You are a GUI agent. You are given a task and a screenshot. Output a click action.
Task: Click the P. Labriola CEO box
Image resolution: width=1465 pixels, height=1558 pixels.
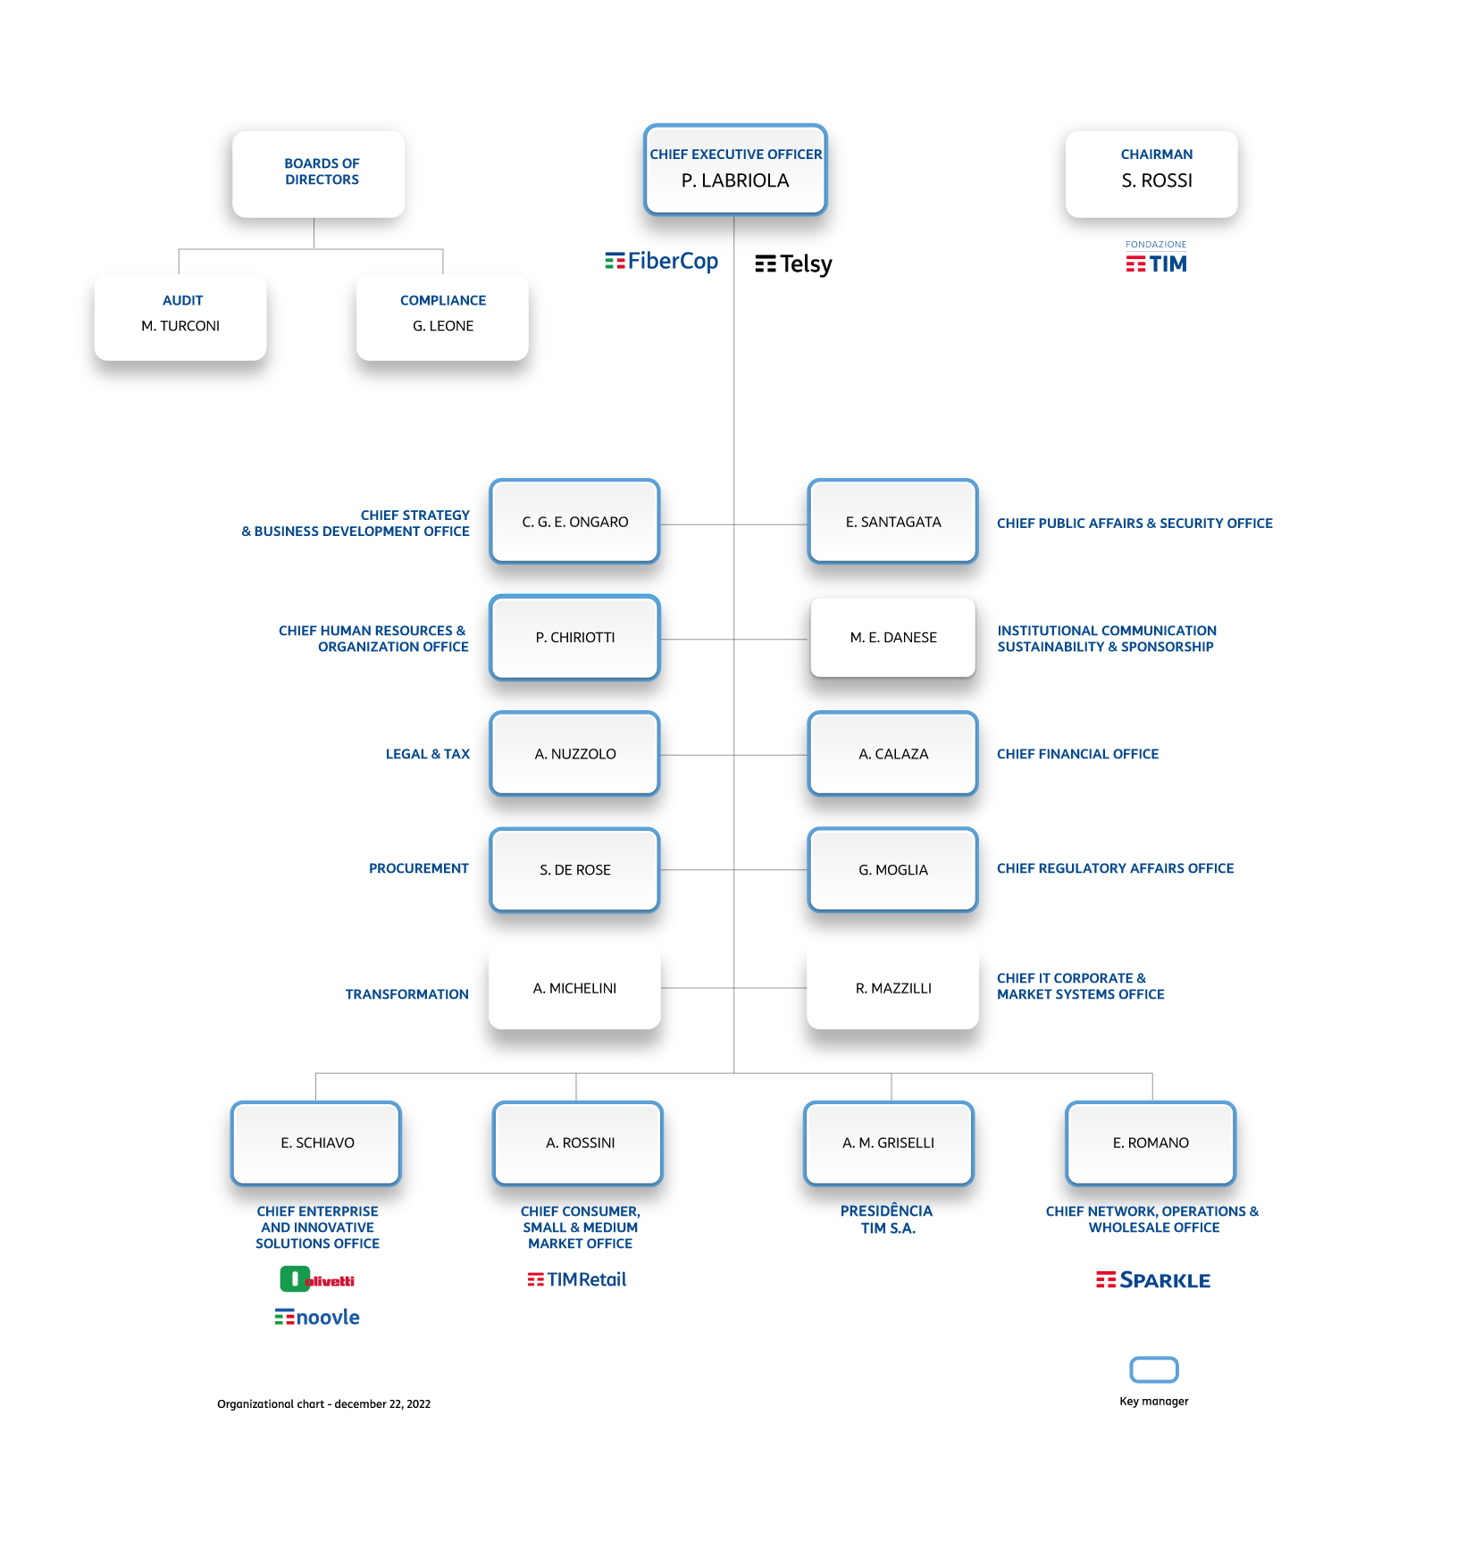coord(735,170)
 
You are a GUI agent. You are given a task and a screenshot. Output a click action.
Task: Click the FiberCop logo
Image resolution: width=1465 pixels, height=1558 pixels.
coord(662,261)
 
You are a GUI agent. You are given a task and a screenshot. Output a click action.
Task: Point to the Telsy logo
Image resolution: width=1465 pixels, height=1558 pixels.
coord(793,264)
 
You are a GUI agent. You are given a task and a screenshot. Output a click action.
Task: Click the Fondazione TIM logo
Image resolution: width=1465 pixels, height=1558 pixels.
coord(1156,258)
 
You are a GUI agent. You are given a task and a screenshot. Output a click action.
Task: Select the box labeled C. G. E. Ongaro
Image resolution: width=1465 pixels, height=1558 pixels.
coord(574,522)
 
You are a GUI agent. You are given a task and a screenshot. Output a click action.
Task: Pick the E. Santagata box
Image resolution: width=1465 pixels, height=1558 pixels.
coord(892,522)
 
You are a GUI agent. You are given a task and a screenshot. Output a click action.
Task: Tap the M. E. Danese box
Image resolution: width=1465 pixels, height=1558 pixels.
coord(892,637)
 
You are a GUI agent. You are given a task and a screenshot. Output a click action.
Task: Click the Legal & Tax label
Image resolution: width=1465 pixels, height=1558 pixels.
coord(427,754)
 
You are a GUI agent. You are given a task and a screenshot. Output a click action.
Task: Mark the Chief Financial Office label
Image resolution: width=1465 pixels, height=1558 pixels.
coord(1077,754)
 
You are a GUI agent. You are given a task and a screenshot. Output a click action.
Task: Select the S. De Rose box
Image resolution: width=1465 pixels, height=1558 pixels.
coord(574,869)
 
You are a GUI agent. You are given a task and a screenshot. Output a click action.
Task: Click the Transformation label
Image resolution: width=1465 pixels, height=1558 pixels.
coord(406,994)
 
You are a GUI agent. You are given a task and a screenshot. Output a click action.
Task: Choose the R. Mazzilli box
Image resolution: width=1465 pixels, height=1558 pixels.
coord(892,988)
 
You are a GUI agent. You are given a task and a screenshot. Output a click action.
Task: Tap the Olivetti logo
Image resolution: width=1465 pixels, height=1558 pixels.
coord(317,1279)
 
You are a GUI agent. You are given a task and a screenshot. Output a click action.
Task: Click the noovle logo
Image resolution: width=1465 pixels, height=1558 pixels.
coord(317,1317)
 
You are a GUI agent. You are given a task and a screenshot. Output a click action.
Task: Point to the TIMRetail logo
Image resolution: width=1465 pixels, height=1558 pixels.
coord(577,1279)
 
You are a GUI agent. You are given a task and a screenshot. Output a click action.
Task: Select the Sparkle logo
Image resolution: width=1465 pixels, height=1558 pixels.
coord(1153,1280)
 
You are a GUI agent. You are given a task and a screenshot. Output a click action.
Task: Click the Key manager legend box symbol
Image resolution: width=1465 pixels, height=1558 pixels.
coord(1154,1370)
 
